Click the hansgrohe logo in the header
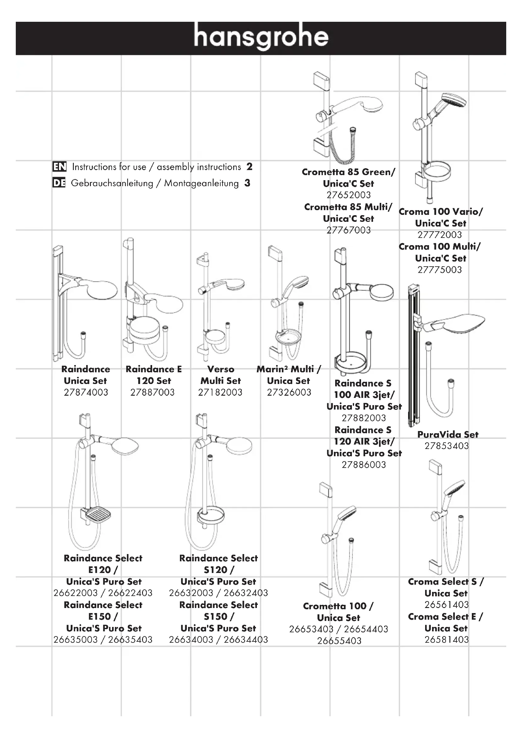point(261,37)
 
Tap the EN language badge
point(59,167)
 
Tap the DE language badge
point(59,183)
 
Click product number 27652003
point(348,195)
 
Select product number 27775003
point(439,270)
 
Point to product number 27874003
point(86,393)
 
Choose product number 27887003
point(152,393)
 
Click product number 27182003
point(220,393)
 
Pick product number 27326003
point(289,393)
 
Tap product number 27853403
point(447,446)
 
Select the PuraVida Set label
point(448,434)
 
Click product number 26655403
point(339,641)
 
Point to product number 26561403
point(447,605)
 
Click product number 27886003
point(364,465)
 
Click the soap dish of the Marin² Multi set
point(288,336)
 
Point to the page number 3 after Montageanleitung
point(247,183)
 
